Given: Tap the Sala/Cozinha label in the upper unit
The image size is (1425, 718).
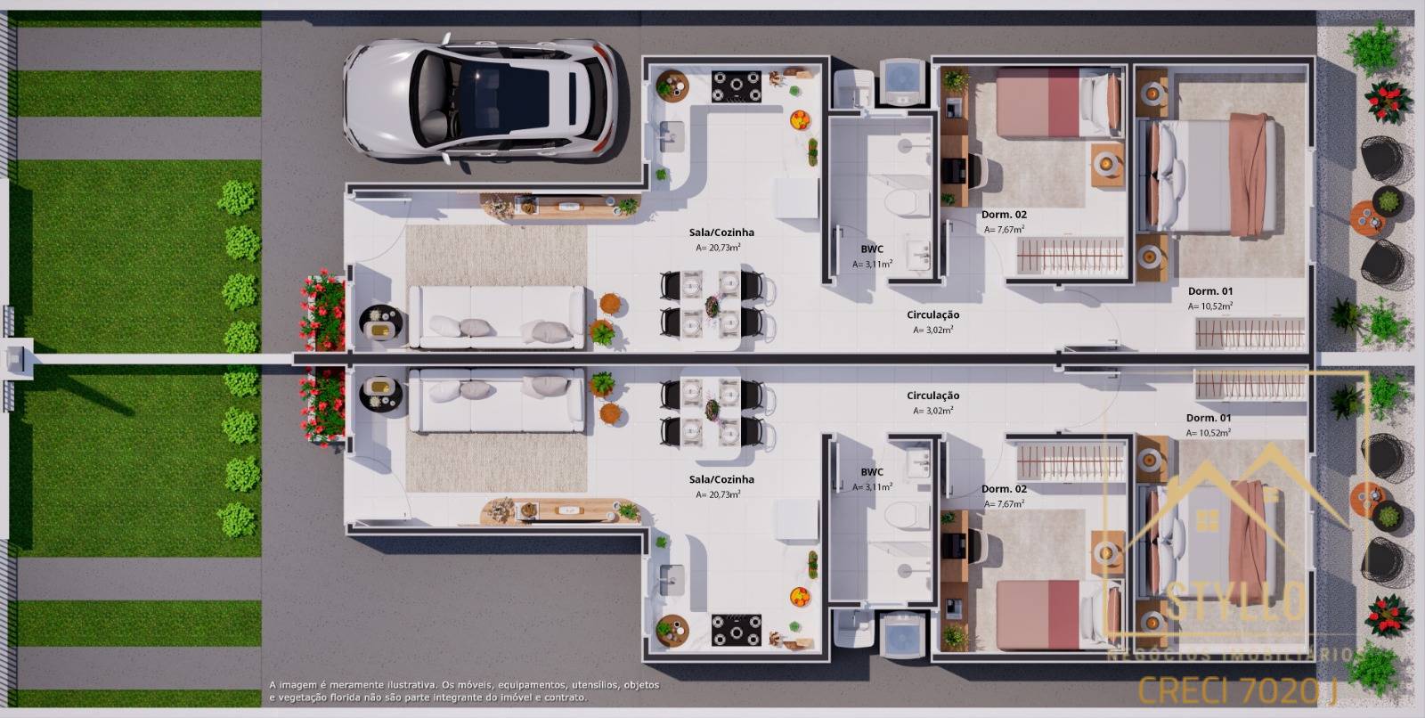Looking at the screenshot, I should click(x=721, y=233).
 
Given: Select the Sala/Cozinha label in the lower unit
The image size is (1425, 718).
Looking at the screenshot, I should click(x=721, y=479).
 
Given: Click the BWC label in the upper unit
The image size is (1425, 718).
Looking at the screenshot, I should click(x=872, y=249).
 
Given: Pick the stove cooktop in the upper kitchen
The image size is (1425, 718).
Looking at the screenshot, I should click(x=736, y=86).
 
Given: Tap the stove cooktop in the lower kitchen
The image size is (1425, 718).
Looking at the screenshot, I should click(x=736, y=629).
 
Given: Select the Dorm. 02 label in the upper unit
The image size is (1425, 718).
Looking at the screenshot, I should click(x=1004, y=215).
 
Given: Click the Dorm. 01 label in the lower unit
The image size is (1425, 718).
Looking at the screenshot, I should click(x=1209, y=418).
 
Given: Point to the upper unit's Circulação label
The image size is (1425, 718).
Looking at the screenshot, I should click(x=932, y=314).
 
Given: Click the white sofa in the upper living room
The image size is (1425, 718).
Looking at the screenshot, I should click(x=497, y=317).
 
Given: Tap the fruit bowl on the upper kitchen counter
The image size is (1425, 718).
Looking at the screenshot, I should click(x=800, y=118).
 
